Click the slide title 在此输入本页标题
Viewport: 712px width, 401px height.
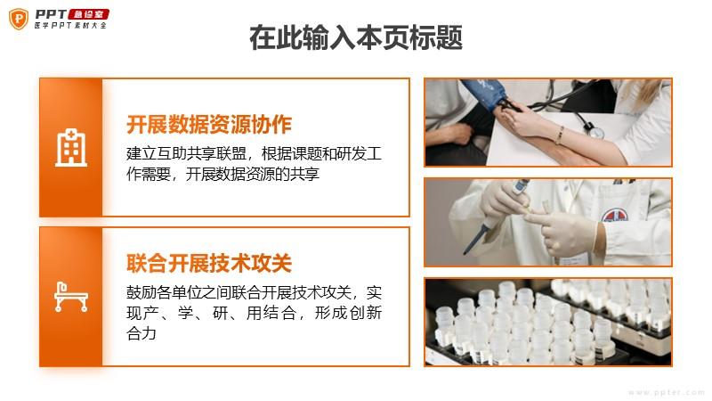point(356,37)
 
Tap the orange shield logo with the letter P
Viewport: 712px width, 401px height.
point(19,19)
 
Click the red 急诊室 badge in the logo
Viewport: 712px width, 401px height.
point(89,14)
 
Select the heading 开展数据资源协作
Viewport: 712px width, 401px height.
point(209,125)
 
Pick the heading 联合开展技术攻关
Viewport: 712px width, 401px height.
point(209,263)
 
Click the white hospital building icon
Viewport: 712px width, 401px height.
point(71,147)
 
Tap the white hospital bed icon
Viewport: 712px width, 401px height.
point(71,297)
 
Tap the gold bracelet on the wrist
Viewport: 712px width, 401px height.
point(561,135)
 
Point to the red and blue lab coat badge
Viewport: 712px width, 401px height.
point(615,216)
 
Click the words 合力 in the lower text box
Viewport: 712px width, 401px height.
point(142,333)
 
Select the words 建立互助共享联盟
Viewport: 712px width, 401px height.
point(186,153)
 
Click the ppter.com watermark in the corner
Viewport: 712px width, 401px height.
point(666,392)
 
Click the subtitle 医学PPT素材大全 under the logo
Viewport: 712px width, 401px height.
point(70,26)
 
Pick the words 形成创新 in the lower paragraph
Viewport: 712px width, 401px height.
point(348,313)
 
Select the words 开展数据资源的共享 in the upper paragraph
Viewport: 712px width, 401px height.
point(253,174)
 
